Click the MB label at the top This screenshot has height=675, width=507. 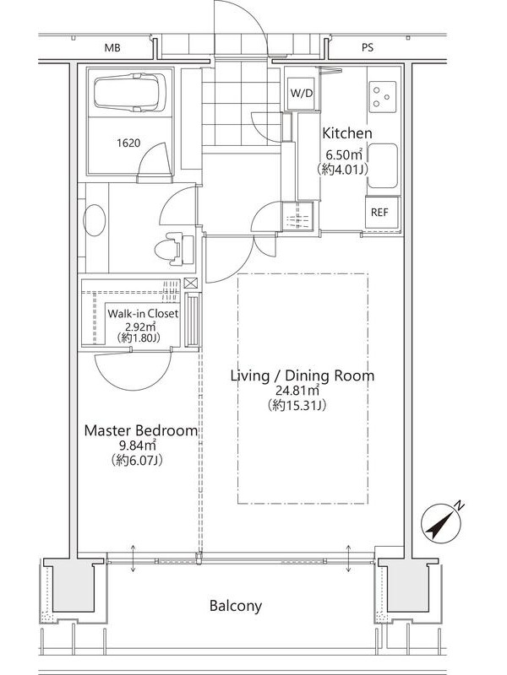pos(112,48)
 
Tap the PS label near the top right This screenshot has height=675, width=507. pos(368,48)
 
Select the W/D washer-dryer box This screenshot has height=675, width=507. pos(302,93)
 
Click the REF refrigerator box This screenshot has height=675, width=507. pos(379,213)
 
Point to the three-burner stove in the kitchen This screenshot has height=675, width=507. pos(383,97)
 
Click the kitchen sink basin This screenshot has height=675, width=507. pos(383,165)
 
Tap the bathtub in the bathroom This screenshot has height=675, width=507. pos(130,91)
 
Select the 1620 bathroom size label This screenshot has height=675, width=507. pos(128,143)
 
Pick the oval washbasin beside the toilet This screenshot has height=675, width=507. pos(95,219)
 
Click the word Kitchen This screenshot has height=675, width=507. pos(347,133)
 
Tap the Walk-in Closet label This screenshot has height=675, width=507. pos(143,313)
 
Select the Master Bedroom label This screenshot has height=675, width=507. pos(141,430)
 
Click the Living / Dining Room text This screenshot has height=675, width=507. pos(303,375)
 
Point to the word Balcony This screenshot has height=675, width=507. pos(236,606)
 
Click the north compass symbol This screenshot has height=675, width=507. pos(440,521)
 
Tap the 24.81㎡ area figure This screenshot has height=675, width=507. pos(297,390)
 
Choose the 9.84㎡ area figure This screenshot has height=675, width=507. pos(138,445)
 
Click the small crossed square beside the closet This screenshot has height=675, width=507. pos(191,283)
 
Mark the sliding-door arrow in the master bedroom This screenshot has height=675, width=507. pos(134,559)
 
